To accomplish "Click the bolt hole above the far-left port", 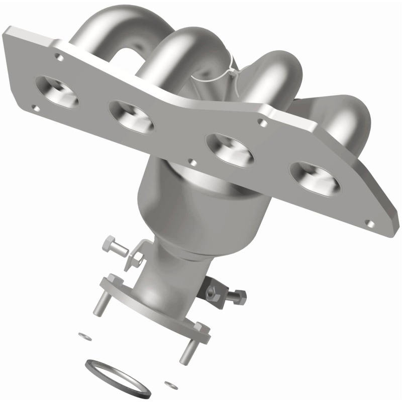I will point(60,58).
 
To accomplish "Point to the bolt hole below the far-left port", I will point(35,108).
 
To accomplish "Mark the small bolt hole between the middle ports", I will point(190,162).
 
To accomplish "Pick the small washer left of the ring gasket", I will point(82,334).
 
